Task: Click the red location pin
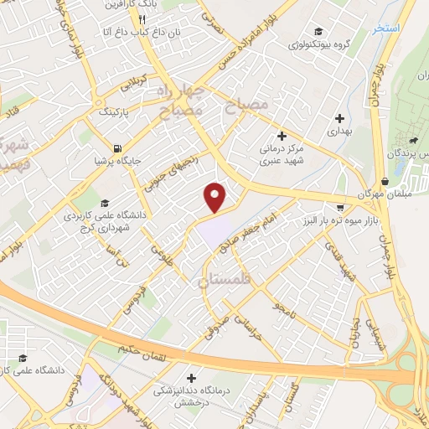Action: point(215,196)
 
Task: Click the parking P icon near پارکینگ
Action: point(124,117)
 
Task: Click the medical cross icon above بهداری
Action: point(339,118)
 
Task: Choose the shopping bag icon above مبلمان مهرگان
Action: point(384,181)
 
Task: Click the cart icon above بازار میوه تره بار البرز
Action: point(339,207)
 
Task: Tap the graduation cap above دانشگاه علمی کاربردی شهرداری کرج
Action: point(105,203)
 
